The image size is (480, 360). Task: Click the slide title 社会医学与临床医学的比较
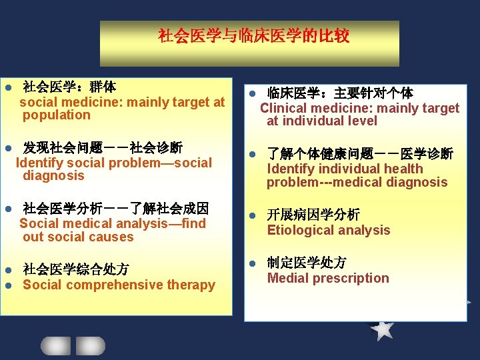click(253, 36)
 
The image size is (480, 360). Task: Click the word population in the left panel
click(56, 115)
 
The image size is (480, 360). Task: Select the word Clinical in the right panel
click(283, 108)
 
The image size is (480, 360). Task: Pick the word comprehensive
click(115, 285)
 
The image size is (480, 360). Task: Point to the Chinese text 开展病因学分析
click(313, 215)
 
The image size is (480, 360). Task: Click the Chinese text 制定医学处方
click(307, 263)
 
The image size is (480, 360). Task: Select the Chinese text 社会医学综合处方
click(76, 269)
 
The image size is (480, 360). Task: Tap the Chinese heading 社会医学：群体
click(69, 87)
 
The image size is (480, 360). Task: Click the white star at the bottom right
click(383, 328)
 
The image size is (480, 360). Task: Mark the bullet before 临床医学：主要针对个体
click(253, 93)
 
